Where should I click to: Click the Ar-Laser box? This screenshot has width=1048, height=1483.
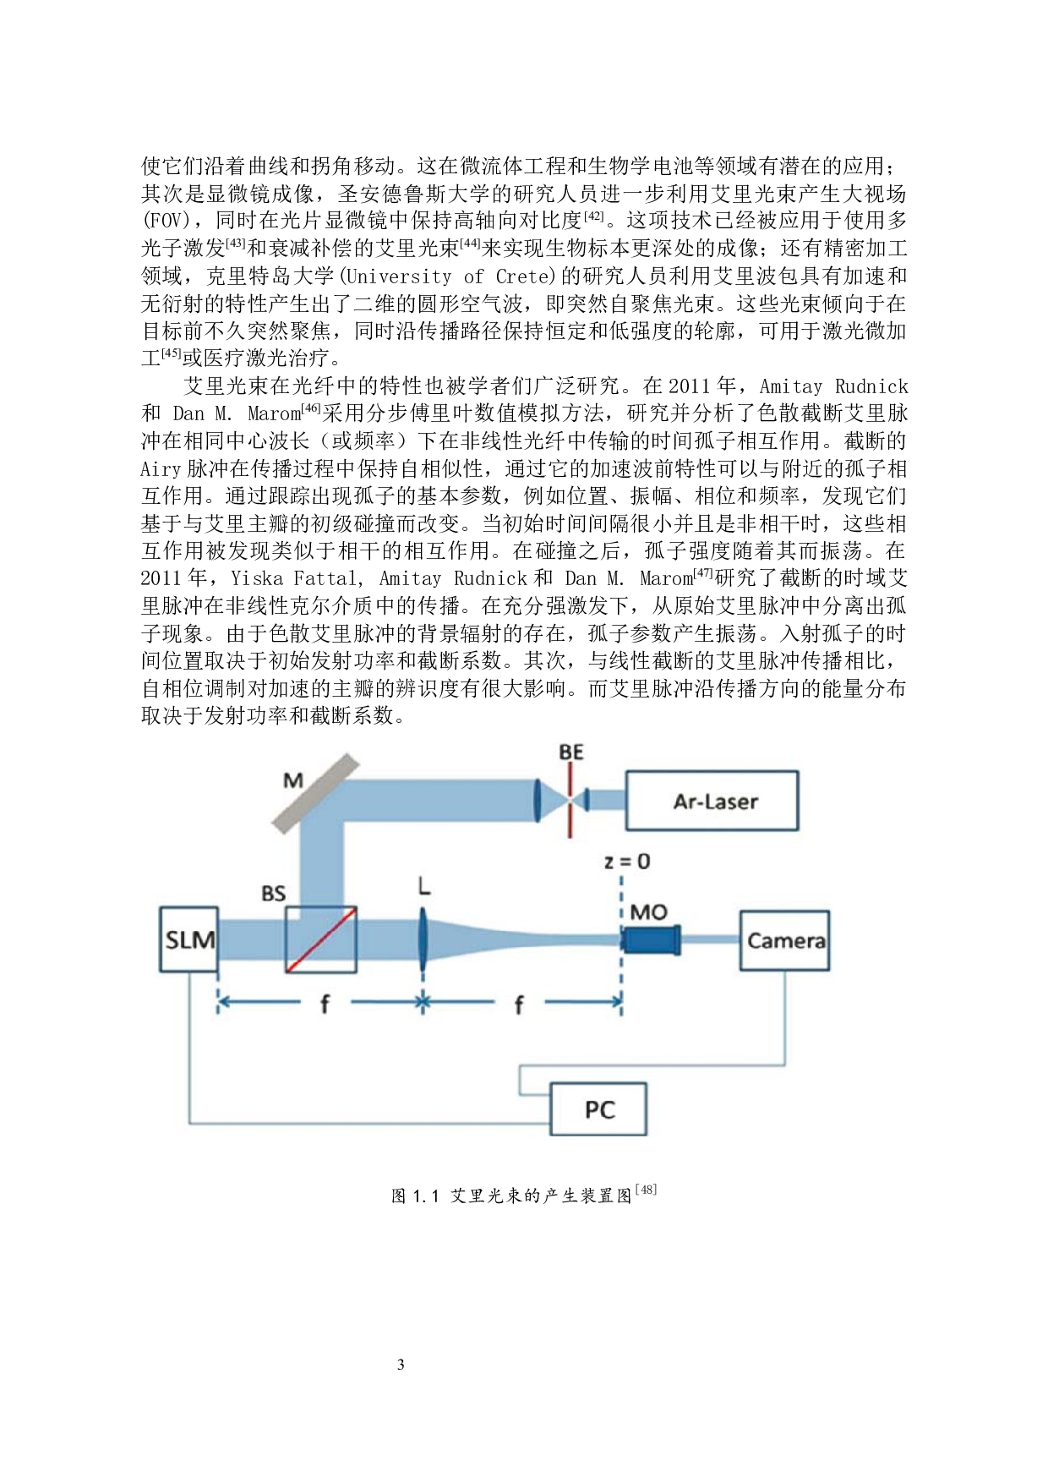(712, 801)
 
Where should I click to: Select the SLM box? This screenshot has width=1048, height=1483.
(189, 939)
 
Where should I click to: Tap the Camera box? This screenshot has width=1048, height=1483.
(784, 940)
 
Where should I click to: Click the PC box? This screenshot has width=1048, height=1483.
(598, 1108)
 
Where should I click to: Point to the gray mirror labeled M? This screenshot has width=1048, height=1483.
(315, 792)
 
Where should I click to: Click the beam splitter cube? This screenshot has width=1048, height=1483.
(321, 939)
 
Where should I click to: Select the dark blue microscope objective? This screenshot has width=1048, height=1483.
(651, 939)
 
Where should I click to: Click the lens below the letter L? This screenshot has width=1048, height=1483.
(423, 939)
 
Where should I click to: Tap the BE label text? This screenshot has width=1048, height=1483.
(571, 752)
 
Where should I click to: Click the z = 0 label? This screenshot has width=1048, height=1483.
(627, 862)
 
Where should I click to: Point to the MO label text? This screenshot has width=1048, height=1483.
(648, 912)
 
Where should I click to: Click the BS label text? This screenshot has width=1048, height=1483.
(273, 894)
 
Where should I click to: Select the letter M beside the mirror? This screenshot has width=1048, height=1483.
(293, 780)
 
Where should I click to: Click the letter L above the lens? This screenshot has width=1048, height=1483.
(424, 886)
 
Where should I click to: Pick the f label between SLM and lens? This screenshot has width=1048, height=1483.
(325, 1004)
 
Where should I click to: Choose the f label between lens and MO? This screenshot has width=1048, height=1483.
(519, 1004)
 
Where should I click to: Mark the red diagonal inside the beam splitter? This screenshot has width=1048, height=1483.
(321, 939)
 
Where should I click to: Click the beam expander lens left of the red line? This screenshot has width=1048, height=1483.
(538, 800)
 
